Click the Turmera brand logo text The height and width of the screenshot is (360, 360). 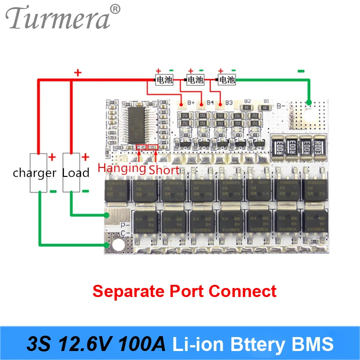58,18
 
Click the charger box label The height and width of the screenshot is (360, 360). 34,173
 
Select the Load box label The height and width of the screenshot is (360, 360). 76,173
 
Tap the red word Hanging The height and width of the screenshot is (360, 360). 122,169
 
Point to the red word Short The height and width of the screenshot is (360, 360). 164,170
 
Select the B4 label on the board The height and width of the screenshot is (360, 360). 209,103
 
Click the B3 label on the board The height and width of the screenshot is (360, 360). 229,103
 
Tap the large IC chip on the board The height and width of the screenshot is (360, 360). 139,122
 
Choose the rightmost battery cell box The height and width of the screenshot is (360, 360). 226,80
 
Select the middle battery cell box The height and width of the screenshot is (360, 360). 195,80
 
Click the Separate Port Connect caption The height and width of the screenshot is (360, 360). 184,291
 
